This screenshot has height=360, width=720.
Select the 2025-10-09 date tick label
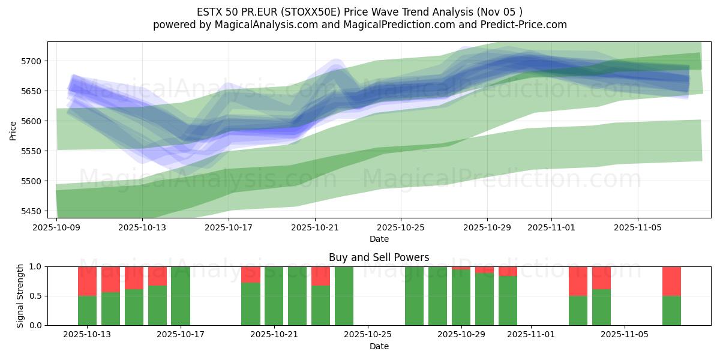coord(56,228)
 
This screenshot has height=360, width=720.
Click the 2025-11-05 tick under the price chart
coord(637,228)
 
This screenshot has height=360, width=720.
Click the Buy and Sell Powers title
coord(379,257)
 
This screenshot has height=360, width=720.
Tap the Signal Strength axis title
coord(20,296)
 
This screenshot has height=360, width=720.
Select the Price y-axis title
coord(13,130)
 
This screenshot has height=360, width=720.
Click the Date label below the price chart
coord(379,239)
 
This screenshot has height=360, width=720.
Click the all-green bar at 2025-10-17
coord(181,296)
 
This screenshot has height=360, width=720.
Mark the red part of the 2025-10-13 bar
coord(88,281)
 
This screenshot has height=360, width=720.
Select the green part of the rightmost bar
coord(671,310)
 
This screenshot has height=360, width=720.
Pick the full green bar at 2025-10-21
coord(274,296)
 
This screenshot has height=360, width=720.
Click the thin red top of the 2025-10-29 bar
coord(461,268)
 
